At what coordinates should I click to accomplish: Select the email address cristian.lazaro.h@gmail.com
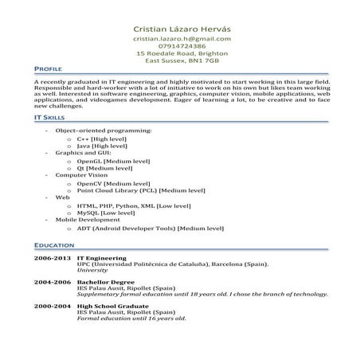pos(182,38)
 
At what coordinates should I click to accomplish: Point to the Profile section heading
pos(49,70)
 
